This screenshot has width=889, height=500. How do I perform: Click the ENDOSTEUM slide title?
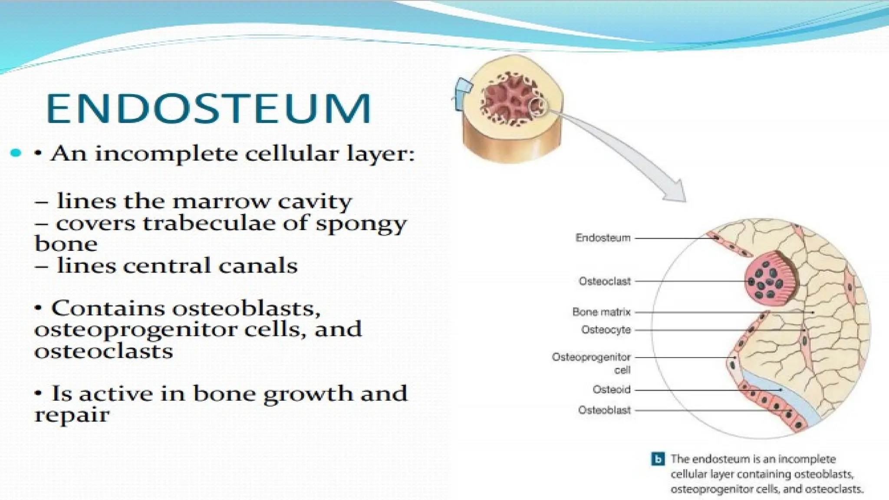(208, 109)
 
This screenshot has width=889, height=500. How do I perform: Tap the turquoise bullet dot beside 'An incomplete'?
(16, 153)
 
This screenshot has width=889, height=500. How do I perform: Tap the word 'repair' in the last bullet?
(72, 415)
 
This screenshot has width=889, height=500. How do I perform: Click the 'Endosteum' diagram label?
(603, 238)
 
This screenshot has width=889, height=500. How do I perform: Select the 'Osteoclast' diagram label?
(604, 281)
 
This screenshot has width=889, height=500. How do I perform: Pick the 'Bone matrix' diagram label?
(601, 312)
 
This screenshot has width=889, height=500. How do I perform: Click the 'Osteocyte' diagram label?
(606, 330)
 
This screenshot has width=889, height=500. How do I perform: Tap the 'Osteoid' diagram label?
(611, 389)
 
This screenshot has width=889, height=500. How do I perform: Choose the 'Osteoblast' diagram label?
(604, 410)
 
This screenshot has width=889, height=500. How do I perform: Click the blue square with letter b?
(658, 459)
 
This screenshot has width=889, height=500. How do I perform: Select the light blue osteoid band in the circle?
(781, 391)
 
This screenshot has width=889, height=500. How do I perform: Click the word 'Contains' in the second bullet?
(108, 309)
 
